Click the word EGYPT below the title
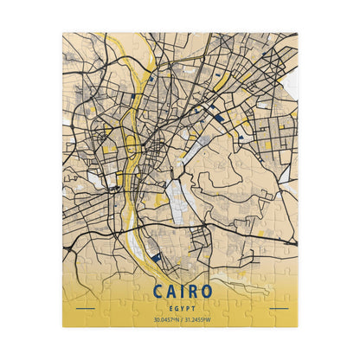(180, 307)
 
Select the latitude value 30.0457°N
(166, 320)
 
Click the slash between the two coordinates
(181, 320)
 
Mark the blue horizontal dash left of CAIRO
(85, 308)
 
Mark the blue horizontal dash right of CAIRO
(278, 308)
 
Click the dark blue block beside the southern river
(155, 256)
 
